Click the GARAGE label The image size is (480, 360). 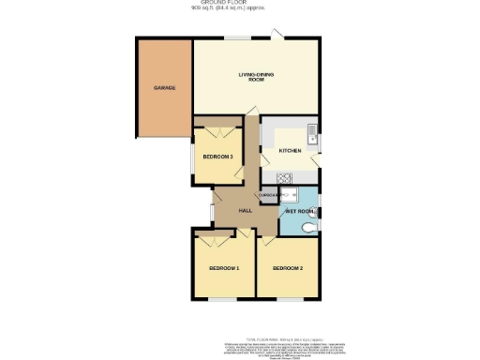pos(165,88)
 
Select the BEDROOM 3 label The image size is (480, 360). pos(218,157)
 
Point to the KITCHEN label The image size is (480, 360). pos(291,150)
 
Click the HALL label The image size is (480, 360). pos(246,211)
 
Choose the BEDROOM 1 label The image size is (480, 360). pos(225,269)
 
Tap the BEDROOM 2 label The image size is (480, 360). pos(288,269)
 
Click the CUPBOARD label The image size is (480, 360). pos(268,194)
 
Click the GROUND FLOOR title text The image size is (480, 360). pos(240,3)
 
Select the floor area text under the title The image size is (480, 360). pos(240,8)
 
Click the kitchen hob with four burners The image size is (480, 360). pos(285,179)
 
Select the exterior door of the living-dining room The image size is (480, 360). pos(277,36)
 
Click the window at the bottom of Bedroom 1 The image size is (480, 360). pos(224,300)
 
